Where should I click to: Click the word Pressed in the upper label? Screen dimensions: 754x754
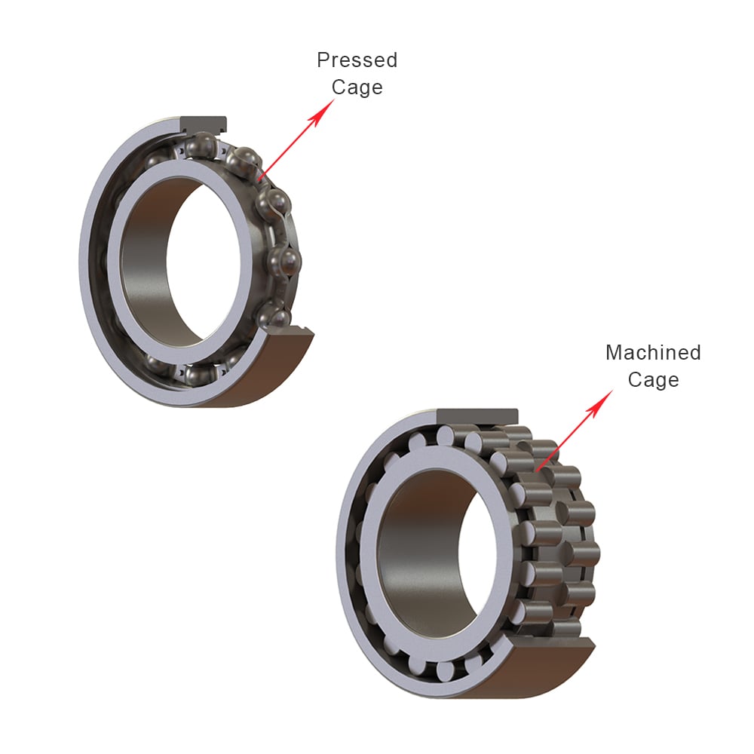point(357,60)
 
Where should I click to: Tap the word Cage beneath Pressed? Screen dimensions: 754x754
point(357,87)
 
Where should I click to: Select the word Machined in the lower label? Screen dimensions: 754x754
point(653,352)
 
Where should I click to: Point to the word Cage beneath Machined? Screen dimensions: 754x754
point(653,379)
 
